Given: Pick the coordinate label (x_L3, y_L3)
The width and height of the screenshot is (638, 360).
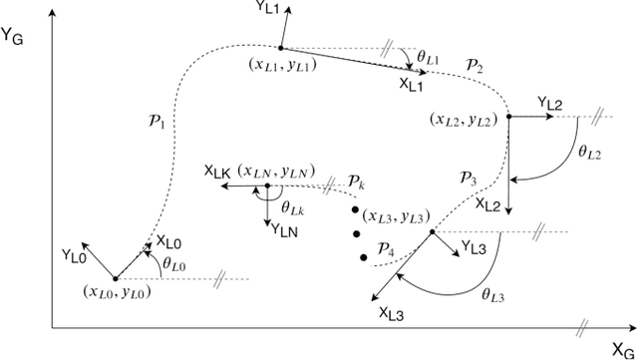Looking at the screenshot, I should pos(393,216).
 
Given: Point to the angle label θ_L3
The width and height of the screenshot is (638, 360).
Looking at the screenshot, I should pos(491,295).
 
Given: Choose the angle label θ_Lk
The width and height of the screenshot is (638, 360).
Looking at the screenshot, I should pos(292,208).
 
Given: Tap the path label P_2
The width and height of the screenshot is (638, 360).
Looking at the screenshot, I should pos(475,66).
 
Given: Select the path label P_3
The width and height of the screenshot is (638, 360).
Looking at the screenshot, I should pos(469,180).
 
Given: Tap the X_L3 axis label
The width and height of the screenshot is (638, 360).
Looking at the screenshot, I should pos(393,312).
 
